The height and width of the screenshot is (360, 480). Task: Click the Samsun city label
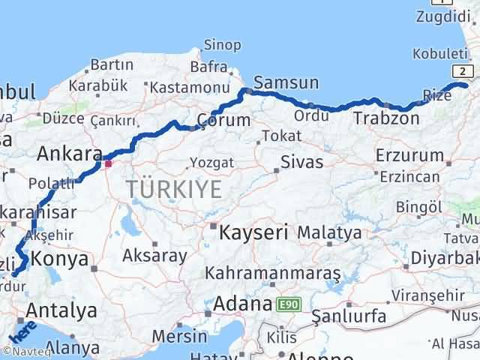tap(286, 82)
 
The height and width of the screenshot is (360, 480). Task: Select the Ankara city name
tap(70, 154)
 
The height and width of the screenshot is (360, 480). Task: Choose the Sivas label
tap(302, 162)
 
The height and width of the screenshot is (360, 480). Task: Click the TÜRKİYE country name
tap(174, 190)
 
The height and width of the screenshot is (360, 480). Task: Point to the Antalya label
tap(61, 310)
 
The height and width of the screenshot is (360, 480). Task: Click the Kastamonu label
tap(184, 88)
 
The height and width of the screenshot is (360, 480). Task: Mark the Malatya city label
tap(329, 232)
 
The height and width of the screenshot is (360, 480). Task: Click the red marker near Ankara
tap(108, 163)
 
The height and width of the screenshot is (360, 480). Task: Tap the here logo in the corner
tap(22, 331)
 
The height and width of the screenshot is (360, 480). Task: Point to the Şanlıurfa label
tap(349, 316)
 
